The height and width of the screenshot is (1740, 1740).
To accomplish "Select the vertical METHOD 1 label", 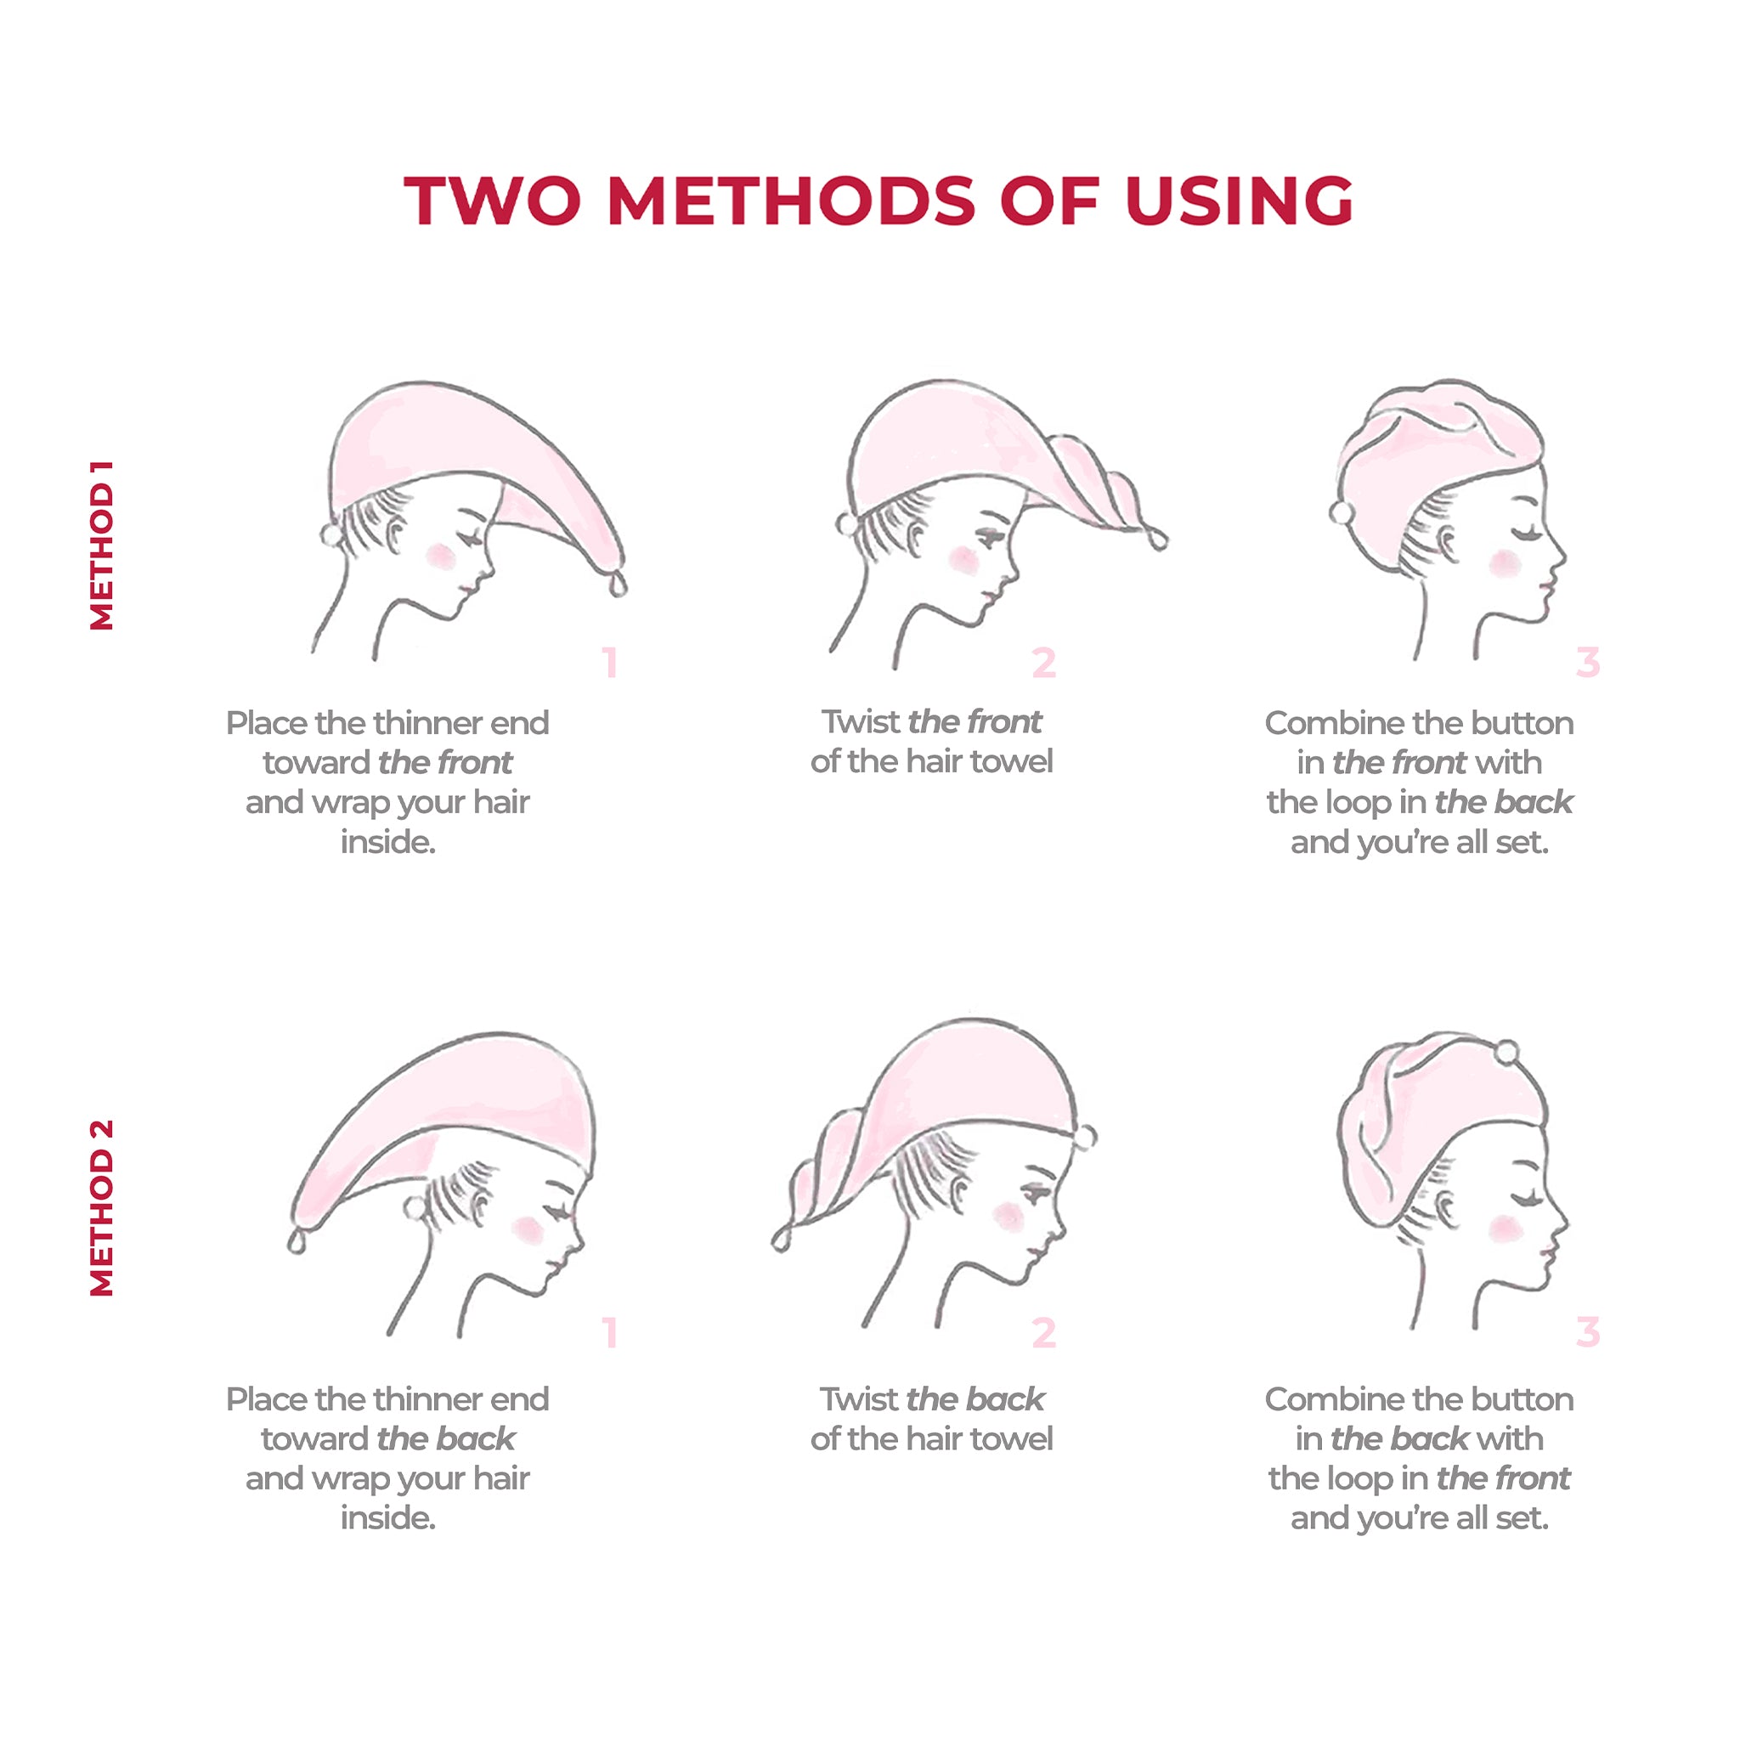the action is tap(102, 545).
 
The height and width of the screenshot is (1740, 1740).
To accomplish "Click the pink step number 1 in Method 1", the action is tap(611, 663).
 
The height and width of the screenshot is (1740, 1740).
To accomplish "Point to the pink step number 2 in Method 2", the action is tap(1044, 1333).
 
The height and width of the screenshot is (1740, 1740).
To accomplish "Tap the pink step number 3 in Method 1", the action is tap(1588, 662).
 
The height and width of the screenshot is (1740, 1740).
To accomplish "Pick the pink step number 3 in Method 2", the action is tap(1588, 1332).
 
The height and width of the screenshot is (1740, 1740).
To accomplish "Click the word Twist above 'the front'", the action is tap(860, 721).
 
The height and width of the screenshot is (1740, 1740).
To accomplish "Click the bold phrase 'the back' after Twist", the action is tap(976, 1398).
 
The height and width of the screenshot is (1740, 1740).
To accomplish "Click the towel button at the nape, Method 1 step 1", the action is tap(331, 535).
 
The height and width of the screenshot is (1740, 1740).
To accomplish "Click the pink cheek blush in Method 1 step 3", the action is tap(1504, 564).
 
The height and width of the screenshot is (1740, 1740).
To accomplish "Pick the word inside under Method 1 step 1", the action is tap(388, 841).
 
